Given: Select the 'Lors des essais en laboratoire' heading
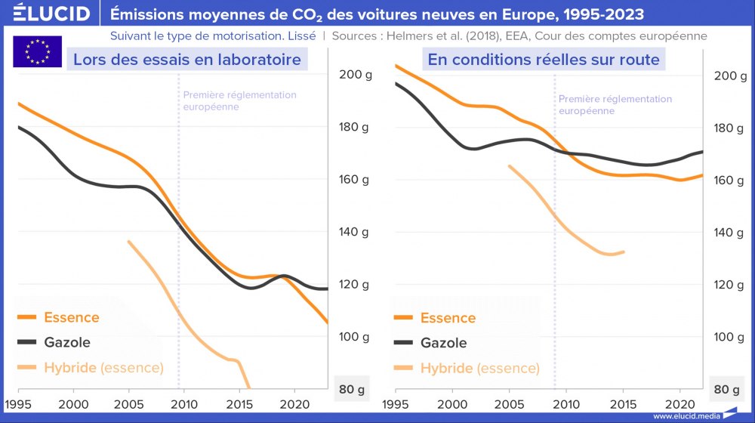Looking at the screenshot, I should [x=187, y=59].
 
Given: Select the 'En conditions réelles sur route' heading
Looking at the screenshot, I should [x=544, y=59].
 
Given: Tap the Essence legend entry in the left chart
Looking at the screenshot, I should [x=71, y=317].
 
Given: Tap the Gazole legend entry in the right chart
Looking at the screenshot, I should [x=443, y=343].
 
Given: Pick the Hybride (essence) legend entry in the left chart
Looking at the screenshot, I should [x=103, y=368].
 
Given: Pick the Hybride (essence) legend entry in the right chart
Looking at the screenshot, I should [x=479, y=368].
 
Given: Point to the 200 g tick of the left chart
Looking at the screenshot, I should [x=356, y=75].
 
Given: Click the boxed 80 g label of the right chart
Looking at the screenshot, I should [x=726, y=390].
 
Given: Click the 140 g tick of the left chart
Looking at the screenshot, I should [x=356, y=232].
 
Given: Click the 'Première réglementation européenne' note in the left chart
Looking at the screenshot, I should [x=239, y=100].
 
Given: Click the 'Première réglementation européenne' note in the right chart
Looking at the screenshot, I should [x=615, y=105].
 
